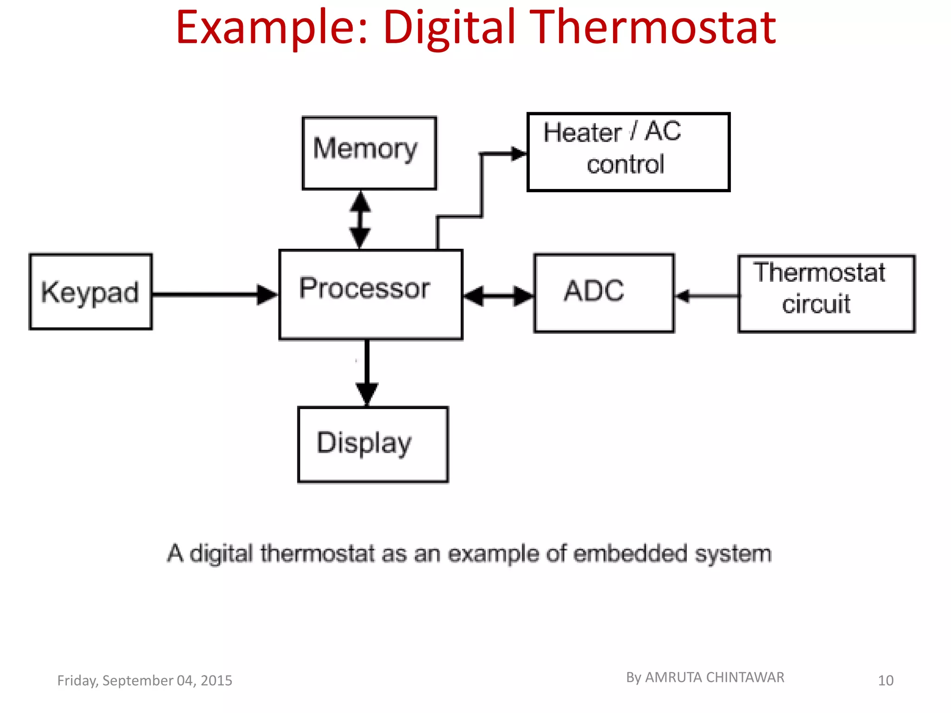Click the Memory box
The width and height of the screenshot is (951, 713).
coord(369,153)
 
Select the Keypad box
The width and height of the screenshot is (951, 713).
coord(91,292)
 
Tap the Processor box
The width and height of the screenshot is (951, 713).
coord(371,295)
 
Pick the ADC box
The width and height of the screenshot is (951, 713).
coord(604,293)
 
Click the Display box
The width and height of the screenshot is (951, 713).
coord(373,444)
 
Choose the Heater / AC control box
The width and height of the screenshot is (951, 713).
coord(628,152)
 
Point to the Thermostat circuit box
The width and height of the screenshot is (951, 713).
coord(826,293)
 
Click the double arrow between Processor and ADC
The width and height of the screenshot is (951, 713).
coord(499,296)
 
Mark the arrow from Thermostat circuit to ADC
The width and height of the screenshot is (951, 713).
coord(706,296)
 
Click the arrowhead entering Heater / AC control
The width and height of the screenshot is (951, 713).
coord(518,154)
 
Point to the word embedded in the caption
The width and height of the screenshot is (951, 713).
coord(630,553)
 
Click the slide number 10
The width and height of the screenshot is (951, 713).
coord(886,681)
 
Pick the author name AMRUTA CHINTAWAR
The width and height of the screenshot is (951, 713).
coord(714,677)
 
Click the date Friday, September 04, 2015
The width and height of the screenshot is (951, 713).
coord(144,681)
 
